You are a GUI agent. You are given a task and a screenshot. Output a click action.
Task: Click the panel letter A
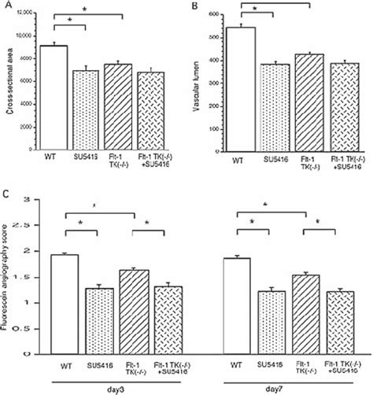click(x=6, y=6)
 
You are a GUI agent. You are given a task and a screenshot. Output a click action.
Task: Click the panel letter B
click(x=194, y=6)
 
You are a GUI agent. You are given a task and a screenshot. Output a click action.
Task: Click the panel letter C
click(x=6, y=191)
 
